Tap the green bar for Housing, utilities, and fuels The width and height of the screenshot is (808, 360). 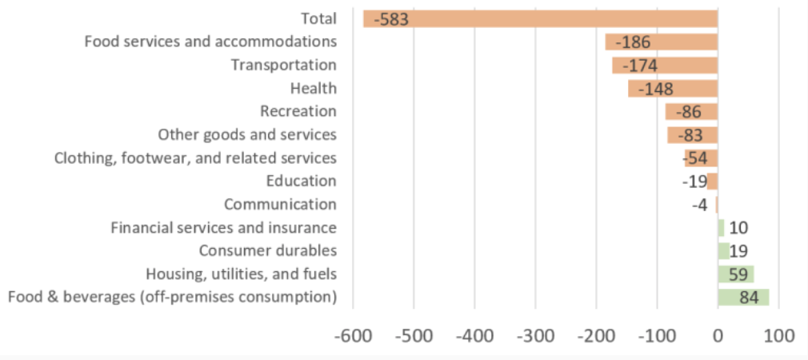[x=736, y=274]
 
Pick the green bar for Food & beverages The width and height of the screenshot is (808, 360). [x=743, y=298]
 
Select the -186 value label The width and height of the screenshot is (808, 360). [x=633, y=42]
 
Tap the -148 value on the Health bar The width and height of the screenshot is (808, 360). [x=655, y=89]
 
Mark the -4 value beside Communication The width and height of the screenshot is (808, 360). [x=700, y=205]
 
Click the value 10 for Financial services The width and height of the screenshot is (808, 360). [x=738, y=228]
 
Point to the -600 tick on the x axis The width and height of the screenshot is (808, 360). [x=353, y=335]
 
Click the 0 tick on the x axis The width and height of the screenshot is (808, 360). [x=718, y=335]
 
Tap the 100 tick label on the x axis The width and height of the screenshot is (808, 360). [x=778, y=335]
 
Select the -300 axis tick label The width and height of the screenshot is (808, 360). [x=535, y=335]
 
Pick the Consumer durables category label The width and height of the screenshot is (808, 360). [x=267, y=251]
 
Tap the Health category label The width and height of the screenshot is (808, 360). [x=314, y=88]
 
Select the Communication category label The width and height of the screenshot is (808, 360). [x=280, y=205]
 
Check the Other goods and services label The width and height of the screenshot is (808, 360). [x=246, y=134]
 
